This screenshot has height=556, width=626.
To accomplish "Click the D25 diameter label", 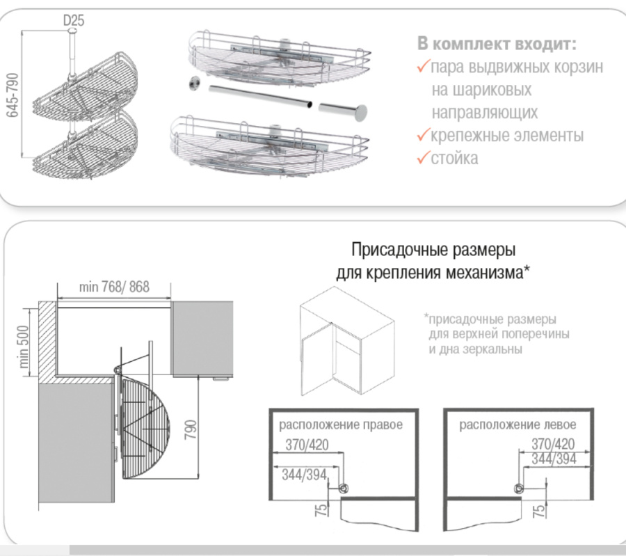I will click(x=74, y=21).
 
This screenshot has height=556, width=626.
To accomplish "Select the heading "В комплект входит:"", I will click(x=497, y=44).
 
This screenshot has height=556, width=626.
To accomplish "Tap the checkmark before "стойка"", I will click(x=424, y=158).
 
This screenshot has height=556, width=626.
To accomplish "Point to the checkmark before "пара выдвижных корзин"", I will click(x=424, y=67).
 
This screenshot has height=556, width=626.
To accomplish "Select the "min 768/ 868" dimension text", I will click(x=114, y=287).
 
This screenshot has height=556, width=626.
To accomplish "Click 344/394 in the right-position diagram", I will click(x=303, y=475).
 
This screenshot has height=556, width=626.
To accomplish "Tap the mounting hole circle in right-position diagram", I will click(x=342, y=489).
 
